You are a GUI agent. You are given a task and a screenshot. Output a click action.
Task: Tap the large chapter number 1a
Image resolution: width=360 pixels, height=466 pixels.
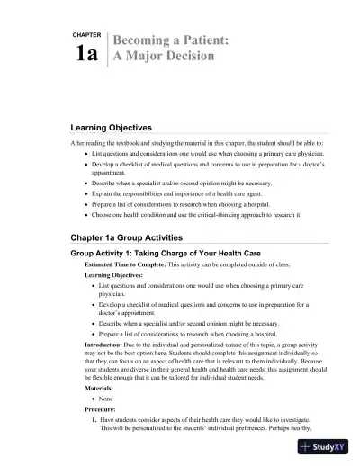(x=86, y=54)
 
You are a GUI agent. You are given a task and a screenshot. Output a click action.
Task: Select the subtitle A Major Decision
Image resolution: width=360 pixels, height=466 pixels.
(x=163, y=57)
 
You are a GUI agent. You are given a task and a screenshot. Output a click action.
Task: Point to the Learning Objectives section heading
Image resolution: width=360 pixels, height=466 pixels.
(x=112, y=129)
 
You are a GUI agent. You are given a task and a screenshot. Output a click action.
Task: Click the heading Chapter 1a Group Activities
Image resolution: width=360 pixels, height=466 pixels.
(x=127, y=237)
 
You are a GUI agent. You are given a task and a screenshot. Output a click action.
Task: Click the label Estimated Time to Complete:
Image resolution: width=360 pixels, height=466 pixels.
(x=122, y=268)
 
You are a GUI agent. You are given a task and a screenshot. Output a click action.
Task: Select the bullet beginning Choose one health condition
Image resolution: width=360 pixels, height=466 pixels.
(x=199, y=216)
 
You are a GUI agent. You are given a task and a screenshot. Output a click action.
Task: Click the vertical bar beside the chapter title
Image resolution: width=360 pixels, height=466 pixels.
(x=107, y=49)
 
